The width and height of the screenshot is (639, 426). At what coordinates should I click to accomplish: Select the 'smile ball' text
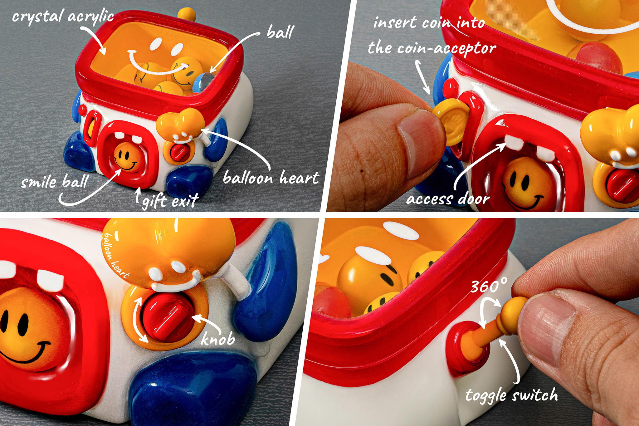[55, 182]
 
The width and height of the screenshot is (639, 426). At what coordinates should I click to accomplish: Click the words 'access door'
[448, 199]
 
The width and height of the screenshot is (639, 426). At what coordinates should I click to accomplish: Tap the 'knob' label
[217, 339]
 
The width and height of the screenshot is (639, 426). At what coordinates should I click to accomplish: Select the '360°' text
[488, 286]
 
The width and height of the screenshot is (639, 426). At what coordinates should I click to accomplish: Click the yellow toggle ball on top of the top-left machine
[186, 13]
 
